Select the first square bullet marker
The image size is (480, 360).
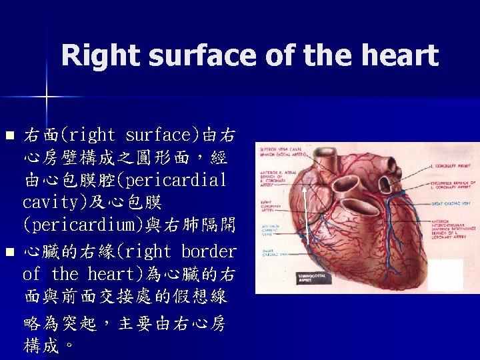click(x=9, y=136)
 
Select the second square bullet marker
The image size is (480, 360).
click(x=9, y=253)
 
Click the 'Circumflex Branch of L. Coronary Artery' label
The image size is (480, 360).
click(x=453, y=185)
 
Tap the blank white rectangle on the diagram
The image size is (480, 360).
click(x=445, y=274)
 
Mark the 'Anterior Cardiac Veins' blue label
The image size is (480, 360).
click(x=271, y=230)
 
